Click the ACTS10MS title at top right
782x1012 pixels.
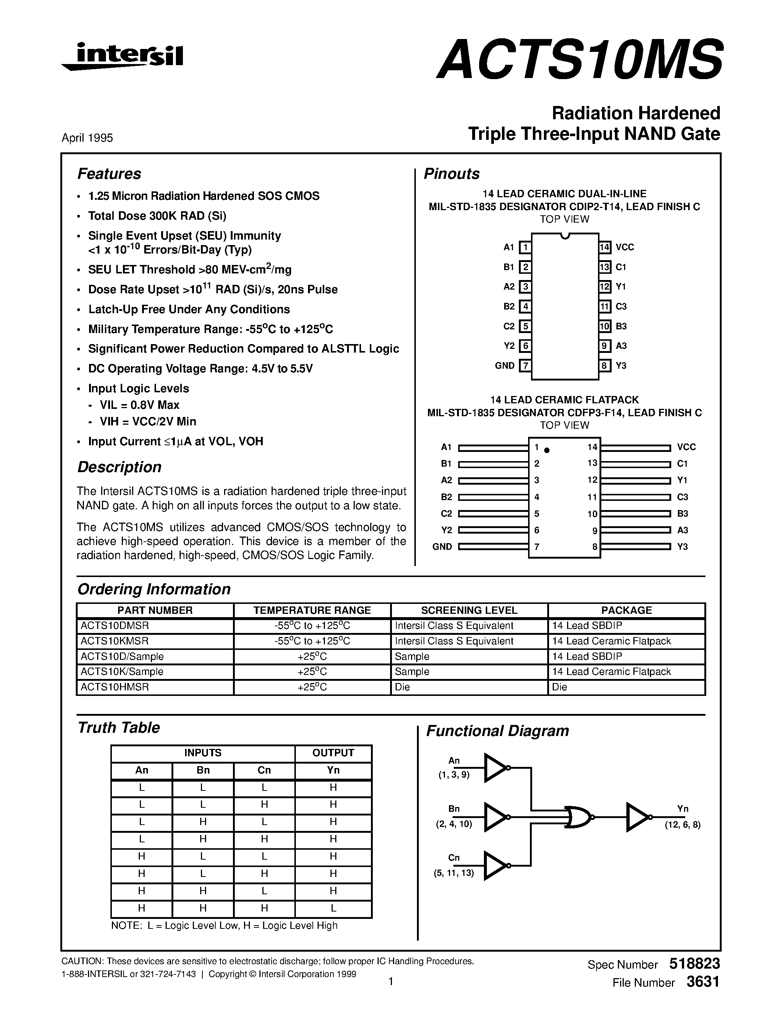580,59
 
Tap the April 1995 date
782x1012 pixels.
87,138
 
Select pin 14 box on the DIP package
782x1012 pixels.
605,247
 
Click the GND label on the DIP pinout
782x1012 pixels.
505,365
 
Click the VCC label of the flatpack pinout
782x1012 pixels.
686,447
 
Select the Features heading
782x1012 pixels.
109,174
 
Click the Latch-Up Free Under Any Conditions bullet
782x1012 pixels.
189,309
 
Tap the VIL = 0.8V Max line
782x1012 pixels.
139,405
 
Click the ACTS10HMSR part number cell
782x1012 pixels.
115,687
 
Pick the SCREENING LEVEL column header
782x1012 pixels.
469,610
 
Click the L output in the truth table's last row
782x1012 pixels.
333,908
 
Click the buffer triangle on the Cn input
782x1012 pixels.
495,866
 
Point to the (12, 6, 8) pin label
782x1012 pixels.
682,825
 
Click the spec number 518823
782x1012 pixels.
694,964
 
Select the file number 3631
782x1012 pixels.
703,982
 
